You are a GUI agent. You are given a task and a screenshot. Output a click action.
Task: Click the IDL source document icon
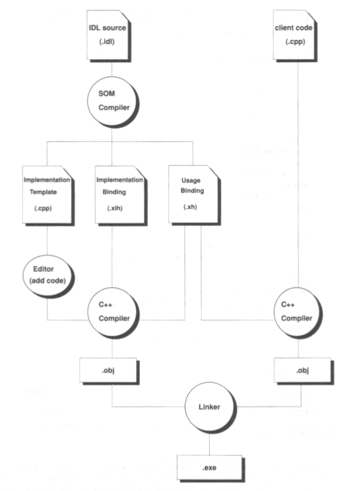[108, 36]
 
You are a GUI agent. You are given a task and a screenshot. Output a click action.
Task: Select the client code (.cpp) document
[295, 36]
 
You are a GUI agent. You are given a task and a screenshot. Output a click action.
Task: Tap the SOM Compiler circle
[113, 102]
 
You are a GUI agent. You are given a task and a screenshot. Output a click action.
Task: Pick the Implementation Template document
[48, 195]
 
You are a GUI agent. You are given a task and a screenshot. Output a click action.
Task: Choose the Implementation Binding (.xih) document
[121, 195]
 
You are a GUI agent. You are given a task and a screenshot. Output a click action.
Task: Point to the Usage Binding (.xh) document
[194, 194]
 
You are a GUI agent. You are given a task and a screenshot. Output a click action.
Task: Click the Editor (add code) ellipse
[48, 276]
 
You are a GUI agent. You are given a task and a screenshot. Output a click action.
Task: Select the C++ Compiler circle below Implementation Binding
[113, 313]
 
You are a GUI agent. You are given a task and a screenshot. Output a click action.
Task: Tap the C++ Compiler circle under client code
[298, 313]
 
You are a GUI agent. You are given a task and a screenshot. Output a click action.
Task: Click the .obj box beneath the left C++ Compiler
[109, 371]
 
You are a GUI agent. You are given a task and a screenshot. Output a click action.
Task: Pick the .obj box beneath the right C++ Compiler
[304, 371]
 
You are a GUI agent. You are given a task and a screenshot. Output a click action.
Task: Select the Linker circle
[210, 407]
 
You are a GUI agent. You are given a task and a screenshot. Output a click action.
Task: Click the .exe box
[210, 468]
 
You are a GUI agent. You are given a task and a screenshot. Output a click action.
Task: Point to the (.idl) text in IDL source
[107, 41]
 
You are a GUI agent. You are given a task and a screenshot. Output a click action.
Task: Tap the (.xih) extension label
[115, 208]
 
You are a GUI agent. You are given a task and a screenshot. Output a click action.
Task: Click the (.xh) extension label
[190, 207]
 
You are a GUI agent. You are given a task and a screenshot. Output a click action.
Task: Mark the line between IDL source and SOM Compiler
[112, 69]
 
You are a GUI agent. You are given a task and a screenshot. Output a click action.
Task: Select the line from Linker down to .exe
[209, 444]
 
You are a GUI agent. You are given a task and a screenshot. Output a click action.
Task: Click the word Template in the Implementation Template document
[43, 192]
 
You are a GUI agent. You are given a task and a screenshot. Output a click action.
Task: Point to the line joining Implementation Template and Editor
[47, 240]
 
